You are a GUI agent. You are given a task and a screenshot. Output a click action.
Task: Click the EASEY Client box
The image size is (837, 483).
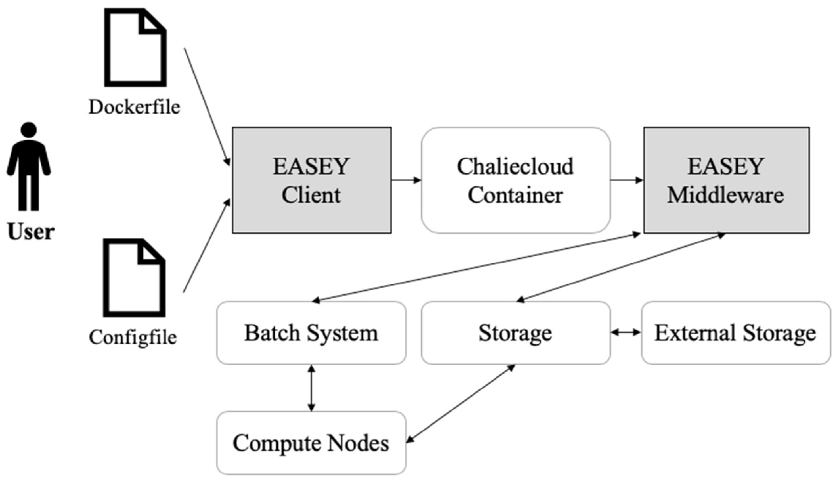click(x=311, y=180)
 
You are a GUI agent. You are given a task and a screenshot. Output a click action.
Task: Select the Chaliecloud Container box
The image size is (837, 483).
click(x=516, y=180)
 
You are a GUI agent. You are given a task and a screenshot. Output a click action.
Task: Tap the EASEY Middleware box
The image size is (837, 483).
click(x=726, y=180)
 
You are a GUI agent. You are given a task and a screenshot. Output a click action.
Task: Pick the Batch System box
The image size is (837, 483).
click(x=311, y=333)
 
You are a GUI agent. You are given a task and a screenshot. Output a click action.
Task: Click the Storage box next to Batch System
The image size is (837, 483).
click(x=516, y=333)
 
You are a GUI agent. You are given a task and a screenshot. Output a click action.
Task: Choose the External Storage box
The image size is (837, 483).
click(x=736, y=333)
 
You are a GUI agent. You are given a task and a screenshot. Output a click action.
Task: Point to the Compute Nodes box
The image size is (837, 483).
click(x=311, y=443)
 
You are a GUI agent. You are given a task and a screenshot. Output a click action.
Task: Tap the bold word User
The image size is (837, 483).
click(x=31, y=232)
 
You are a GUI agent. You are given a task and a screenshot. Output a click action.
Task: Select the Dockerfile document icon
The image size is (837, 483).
click(x=135, y=48)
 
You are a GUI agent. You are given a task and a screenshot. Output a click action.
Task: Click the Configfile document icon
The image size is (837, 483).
click(x=134, y=278)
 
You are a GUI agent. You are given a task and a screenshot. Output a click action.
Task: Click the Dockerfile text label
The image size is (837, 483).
click(x=134, y=107)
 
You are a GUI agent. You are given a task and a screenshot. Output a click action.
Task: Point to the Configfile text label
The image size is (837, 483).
click(x=133, y=337)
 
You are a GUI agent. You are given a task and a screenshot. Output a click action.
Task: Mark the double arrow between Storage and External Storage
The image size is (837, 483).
click(x=626, y=332)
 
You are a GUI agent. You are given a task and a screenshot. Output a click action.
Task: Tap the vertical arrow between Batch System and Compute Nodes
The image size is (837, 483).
click(x=311, y=388)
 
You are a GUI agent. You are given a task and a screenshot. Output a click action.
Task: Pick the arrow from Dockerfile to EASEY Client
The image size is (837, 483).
click(x=207, y=106)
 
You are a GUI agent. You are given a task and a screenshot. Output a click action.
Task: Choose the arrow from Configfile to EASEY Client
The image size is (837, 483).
click(x=207, y=245)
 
